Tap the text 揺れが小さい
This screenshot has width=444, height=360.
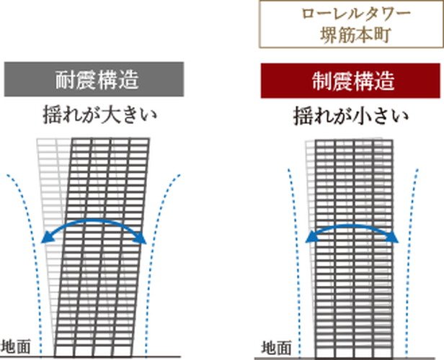click(x=351, y=115)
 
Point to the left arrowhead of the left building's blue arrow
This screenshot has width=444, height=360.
click(x=45, y=238)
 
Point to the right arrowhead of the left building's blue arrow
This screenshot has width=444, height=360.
click(x=145, y=238)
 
